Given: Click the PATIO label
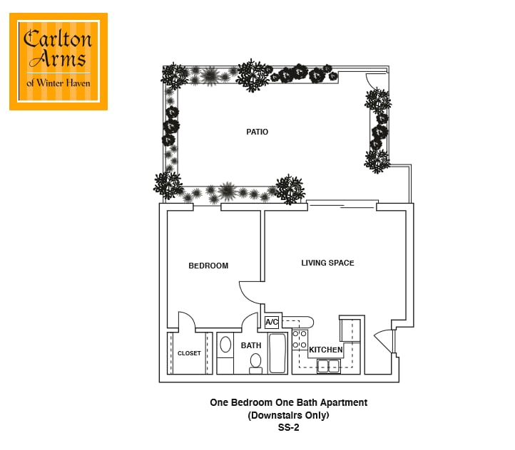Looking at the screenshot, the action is (x=257, y=132).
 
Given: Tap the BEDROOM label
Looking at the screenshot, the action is (x=208, y=266).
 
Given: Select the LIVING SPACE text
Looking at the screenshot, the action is (x=327, y=263).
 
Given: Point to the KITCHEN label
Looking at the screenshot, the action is (x=325, y=350).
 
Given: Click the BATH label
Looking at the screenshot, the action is (x=251, y=345).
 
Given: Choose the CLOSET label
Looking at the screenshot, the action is (x=189, y=353).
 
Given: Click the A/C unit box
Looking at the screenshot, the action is (x=272, y=322).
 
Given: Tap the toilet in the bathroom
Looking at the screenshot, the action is (x=255, y=364).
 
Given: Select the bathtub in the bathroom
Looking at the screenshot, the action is (x=277, y=353).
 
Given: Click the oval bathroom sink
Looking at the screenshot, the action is (x=225, y=345).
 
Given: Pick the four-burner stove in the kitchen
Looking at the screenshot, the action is (x=300, y=340).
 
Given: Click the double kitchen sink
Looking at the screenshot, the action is (x=328, y=366).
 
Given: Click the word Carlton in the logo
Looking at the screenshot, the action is (x=58, y=39).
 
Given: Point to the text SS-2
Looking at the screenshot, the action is (x=288, y=427).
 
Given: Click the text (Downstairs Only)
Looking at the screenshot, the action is (x=288, y=415).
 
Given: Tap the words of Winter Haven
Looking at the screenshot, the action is (x=58, y=83).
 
